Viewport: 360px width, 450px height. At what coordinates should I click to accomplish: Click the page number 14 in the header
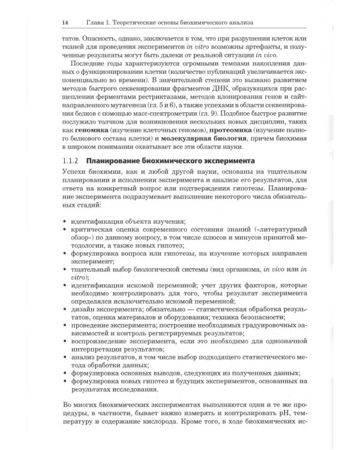click(x=65, y=23)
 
